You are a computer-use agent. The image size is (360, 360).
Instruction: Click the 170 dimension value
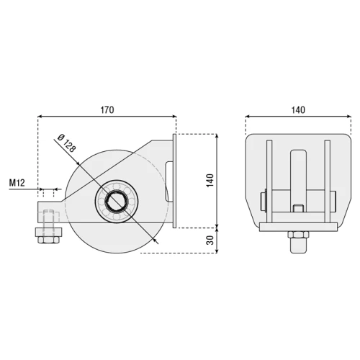tap(106, 109)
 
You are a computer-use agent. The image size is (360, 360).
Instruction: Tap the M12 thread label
tap(19, 183)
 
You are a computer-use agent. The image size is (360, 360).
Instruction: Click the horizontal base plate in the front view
tap(297, 226)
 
